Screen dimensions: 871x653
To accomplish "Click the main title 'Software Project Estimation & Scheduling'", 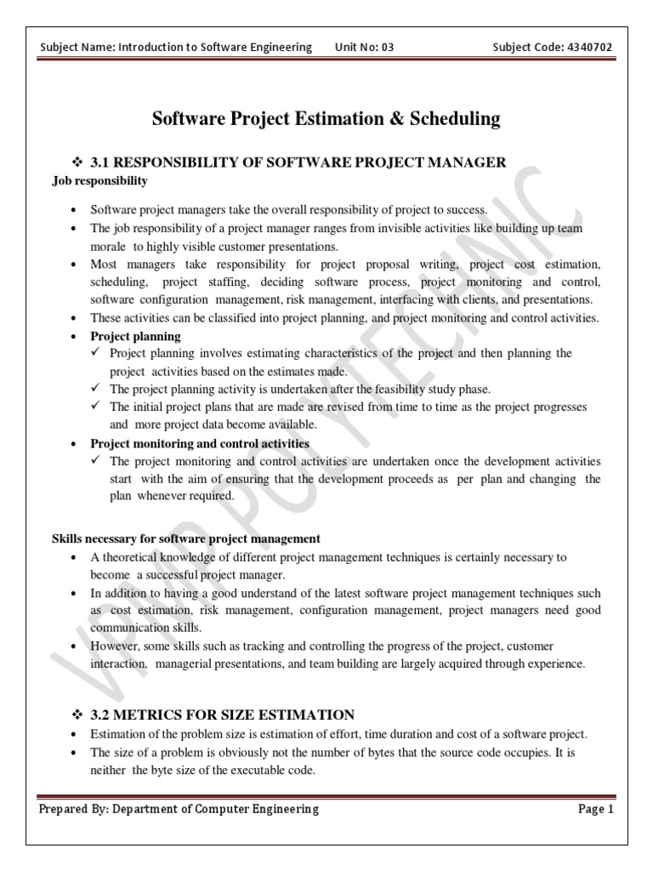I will (x=326, y=119).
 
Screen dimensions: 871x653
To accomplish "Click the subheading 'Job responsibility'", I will (x=99, y=180).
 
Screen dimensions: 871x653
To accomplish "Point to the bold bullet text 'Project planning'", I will (x=136, y=336).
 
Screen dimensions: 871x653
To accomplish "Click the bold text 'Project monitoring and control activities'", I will (x=200, y=443).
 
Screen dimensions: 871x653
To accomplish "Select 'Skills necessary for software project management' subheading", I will (x=186, y=538).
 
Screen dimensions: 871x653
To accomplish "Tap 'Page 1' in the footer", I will (x=595, y=809).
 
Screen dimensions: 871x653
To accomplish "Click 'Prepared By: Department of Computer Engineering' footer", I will (x=179, y=809).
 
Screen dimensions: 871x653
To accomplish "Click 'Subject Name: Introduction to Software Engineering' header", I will (x=176, y=47).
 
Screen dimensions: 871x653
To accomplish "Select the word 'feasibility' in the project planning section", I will (x=388, y=389).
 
